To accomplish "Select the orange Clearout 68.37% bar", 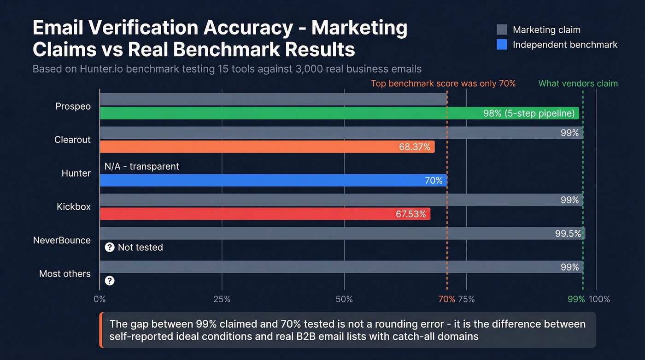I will pos(267,147).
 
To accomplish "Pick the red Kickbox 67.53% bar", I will pos(265,214).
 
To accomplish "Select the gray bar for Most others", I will pos(341,267).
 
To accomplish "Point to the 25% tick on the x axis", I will pos(222,299).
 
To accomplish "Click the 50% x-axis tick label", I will pos(344,299).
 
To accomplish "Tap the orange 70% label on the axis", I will pos(446,299).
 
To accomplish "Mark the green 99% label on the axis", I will pos(576,299).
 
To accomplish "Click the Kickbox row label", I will pos(74,207).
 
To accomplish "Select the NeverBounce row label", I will pos(62,241).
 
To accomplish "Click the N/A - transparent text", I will pos(142,166).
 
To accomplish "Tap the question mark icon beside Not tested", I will pos(110,248).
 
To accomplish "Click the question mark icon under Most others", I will pos(110,280).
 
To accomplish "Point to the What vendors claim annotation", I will pos(578,83).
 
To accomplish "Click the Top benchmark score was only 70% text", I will pos(443,83).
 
